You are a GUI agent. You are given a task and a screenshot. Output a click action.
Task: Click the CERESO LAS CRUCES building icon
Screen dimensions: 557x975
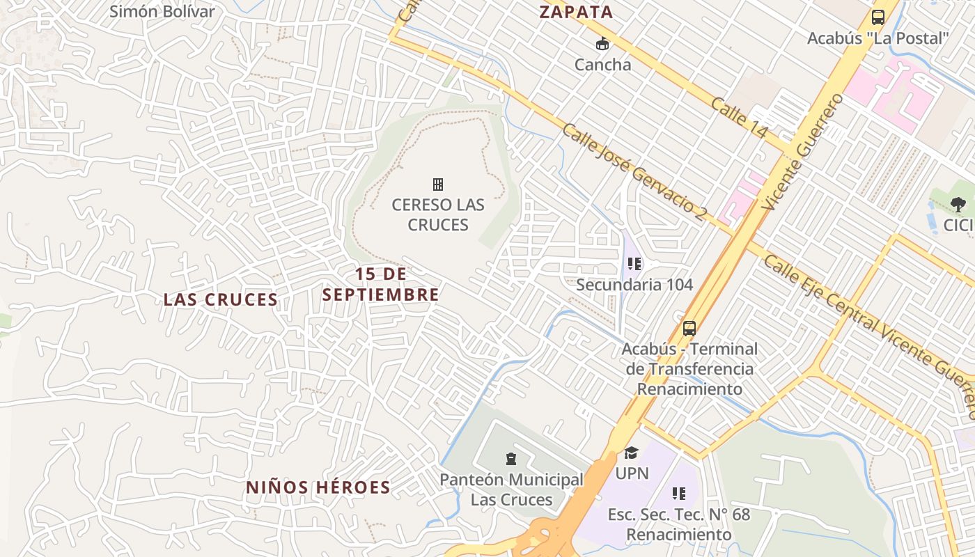[438, 185]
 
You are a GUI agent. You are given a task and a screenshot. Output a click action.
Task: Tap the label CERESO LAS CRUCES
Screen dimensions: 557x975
[438, 214]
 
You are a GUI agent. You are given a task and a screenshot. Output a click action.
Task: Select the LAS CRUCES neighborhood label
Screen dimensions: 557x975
[221, 299]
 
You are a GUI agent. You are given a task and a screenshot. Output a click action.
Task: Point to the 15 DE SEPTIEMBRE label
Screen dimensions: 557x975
[380, 284]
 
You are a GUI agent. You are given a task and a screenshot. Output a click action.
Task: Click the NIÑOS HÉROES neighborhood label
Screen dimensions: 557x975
[318, 487]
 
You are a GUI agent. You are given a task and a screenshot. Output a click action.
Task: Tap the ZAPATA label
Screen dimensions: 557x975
[577, 12]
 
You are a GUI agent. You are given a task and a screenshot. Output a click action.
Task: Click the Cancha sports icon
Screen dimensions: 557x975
[602, 44]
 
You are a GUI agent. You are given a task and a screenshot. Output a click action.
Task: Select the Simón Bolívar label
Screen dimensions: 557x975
[162, 12]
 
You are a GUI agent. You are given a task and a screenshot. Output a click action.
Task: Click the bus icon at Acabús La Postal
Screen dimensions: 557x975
[877, 17]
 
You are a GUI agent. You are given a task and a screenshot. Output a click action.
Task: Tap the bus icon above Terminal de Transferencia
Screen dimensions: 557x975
[689, 329]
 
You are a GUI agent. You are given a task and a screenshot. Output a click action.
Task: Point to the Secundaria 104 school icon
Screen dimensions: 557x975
[634, 264]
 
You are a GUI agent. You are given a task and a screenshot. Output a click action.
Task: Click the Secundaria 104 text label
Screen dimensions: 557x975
[634, 285]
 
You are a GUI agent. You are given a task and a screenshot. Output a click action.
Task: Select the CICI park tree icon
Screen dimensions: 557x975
[958, 205]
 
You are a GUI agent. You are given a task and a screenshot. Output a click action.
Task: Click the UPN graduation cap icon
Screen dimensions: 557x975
[631, 453]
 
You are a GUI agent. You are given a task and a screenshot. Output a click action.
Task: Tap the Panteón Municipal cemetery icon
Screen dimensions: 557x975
[511, 459]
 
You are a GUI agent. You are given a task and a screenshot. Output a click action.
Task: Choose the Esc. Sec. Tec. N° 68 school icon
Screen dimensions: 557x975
[679, 494]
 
